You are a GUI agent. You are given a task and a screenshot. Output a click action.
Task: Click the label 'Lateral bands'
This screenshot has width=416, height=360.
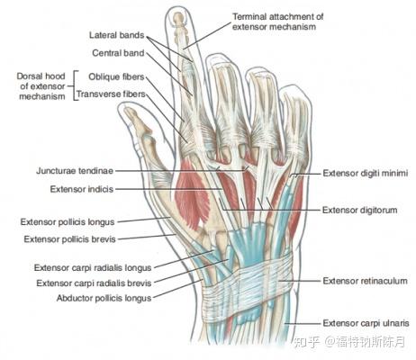click(x=117, y=35)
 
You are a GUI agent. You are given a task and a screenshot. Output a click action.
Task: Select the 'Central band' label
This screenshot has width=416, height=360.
click(x=118, y=53)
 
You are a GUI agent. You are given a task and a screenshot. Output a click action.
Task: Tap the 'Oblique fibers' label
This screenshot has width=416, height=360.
click(x=116, y=76)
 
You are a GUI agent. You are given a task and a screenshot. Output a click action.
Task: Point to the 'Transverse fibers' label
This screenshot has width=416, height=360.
click(x=111, y=94)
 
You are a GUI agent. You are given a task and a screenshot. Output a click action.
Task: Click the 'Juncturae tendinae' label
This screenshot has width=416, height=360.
click(x=75, y=171)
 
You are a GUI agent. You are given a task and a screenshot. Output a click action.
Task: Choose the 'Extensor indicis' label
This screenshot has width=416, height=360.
click(x=82, y=189)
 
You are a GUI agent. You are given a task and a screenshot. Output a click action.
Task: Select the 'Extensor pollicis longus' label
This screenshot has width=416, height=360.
click(x=68, y=222)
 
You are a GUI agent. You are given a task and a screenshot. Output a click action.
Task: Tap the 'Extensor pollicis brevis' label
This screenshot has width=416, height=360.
click(x=69, y=239)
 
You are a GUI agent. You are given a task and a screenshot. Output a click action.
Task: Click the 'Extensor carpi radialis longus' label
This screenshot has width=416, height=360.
click(x=93, y=268)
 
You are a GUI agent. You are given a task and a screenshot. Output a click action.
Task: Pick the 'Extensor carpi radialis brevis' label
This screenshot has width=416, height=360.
click(x=94, y=283)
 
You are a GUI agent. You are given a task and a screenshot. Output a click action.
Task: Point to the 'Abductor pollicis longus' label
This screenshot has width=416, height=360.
click(x=104, y=299)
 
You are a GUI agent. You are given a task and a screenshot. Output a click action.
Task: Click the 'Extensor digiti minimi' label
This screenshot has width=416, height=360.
click(x=366, y=173)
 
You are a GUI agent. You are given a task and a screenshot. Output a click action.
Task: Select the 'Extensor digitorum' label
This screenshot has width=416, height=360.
click(x=360, y=211)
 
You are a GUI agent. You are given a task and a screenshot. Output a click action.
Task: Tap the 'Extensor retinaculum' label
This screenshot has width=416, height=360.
click(x=365, y=281)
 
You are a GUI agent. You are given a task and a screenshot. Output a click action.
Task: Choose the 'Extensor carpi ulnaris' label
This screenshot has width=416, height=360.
click(x=366, y=323)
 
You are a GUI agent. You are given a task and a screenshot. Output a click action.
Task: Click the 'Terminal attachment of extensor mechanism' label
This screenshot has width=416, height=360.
click(x=277, y=22)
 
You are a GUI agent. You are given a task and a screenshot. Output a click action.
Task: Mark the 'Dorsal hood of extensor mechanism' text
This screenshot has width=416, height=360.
click(x=41, y=86)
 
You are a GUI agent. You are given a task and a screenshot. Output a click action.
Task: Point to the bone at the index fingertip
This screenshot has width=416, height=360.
click(x=178, y=18)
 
